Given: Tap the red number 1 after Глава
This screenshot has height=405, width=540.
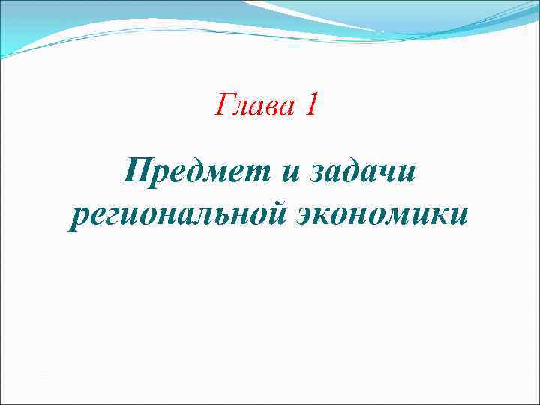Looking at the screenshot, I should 311,105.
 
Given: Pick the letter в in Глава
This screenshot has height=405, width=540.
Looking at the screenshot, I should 274,106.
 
